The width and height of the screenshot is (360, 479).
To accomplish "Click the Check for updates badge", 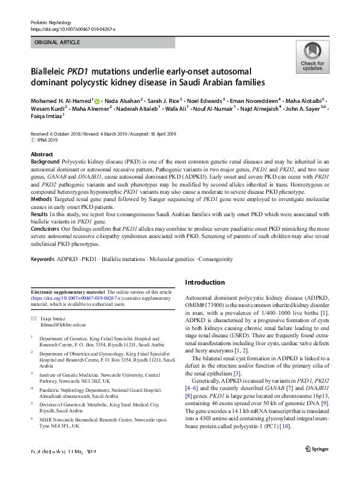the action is [312, 59].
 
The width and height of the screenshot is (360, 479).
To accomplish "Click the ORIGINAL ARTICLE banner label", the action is [57, 42].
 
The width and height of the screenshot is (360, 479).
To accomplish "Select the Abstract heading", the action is [42, 155].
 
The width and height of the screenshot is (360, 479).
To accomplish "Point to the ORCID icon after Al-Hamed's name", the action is [97, 100].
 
